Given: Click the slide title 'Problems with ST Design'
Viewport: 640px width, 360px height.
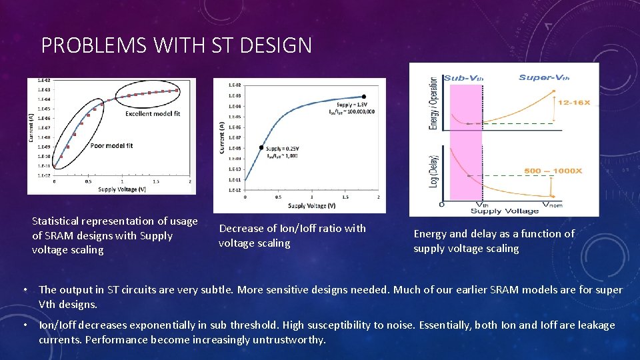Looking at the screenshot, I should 176,45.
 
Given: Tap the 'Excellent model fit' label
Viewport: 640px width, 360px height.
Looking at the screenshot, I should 153,113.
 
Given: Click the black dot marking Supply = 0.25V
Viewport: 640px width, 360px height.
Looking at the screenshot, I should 261,147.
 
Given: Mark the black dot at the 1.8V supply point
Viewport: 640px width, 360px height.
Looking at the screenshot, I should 364,97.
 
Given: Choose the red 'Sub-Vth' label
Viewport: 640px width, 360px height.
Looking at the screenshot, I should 463,78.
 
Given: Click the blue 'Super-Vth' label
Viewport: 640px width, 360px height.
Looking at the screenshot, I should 544,78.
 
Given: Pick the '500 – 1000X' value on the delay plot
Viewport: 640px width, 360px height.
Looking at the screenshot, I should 553,171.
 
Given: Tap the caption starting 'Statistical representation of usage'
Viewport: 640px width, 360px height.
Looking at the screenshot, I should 115,235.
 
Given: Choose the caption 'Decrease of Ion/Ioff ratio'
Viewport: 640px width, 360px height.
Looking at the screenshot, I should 292,235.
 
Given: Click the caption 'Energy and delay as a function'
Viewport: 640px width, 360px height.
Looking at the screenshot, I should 493,241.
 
